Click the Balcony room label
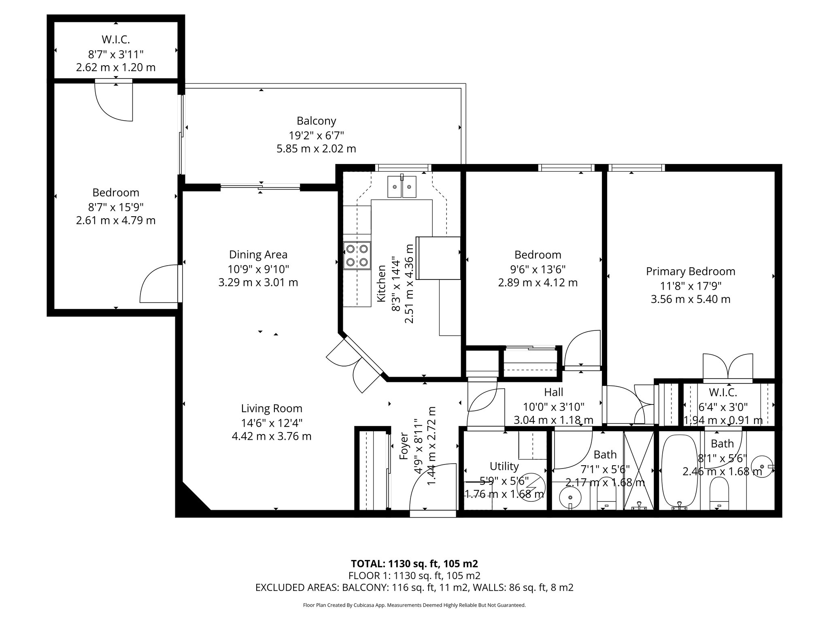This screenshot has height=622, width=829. coord(316,121)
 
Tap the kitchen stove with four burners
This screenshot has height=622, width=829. coord(357,256)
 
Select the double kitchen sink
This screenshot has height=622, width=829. coord(402,187)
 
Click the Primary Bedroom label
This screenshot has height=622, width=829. coord(691,271)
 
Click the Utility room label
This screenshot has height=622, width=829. coord(504,466)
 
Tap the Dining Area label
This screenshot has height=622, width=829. coord(258,254)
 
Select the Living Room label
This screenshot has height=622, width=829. coord(272,409)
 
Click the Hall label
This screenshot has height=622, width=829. coord(553,392)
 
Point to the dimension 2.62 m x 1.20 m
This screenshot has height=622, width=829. coord(116,67)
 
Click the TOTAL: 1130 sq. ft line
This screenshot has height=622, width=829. coord(414,563)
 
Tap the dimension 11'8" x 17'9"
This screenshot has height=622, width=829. coord(691,285)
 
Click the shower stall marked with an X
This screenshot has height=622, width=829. coord(639,471)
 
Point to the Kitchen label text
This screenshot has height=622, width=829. coord(381,283)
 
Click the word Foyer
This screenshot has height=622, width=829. coord(404,446)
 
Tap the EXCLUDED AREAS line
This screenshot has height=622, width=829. coord(414,588)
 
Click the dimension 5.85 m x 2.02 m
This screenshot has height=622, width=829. coord(316,149)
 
